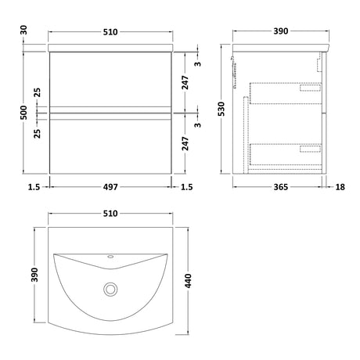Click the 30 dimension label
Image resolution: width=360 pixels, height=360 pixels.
click(23, 30)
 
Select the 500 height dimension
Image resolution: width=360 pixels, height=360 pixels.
click(23, 113)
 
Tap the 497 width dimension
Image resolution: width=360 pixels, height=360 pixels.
click(110, 187)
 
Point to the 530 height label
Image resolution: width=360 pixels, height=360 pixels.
click(221, 109)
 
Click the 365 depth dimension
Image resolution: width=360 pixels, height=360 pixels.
click(281, 187)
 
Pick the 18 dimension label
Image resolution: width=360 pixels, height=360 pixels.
click(340, 187)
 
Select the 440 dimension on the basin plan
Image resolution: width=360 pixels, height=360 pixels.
click(188, 281)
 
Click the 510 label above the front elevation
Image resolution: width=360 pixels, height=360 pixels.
click(110, 32)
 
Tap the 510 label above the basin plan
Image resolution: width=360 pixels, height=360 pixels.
click(110, 214)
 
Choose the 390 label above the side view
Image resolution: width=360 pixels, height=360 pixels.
click(281, 31)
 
